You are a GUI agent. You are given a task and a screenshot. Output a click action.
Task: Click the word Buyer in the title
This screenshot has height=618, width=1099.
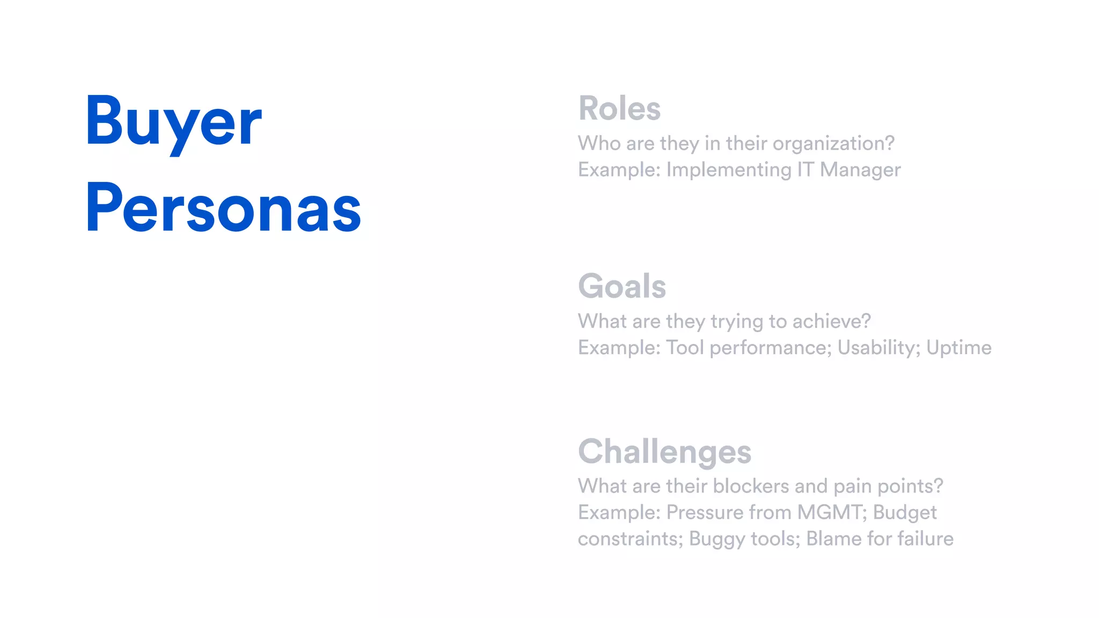coord(173,122)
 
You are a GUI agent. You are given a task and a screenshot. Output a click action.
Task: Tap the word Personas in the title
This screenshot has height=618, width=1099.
coord(223,209)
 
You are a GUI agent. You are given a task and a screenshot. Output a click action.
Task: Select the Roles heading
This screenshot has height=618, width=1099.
coord(619,108)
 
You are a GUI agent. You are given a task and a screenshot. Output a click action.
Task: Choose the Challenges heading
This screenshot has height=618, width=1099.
coord(664,452)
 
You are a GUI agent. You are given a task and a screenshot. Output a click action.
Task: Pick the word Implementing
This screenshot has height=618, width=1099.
coord(729,170)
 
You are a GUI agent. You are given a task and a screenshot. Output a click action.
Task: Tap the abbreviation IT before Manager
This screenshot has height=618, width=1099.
coord(805,170)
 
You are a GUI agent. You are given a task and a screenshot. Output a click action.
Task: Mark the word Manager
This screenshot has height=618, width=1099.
coord(860,170)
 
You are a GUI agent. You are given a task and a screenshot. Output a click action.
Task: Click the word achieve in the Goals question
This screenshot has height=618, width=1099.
coord(831,321)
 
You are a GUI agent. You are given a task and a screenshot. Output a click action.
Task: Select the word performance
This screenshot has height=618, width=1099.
coord(770,348)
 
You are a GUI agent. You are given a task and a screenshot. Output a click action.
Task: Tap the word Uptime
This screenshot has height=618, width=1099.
coord(959,348)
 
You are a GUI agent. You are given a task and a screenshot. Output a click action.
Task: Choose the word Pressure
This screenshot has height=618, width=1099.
coord(705,512)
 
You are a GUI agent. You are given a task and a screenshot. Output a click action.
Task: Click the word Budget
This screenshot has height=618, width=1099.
coord(905,513)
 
